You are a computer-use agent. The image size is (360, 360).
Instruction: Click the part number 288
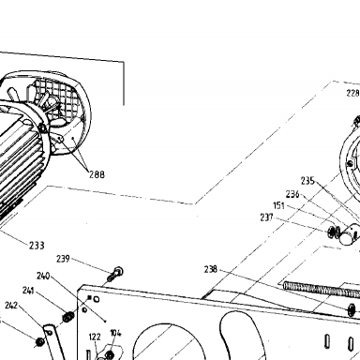tap(97, 174)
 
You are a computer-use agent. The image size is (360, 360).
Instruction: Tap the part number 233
tap(37, 246)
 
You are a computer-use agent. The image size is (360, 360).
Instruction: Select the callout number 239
tap(63, 259)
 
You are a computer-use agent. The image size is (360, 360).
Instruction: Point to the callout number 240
tap(43, 276)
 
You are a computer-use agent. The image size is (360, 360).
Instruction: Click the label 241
tap(28, 291)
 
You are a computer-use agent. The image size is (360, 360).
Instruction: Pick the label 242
tap(11, 305)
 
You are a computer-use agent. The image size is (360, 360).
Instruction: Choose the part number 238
tap(211, 269)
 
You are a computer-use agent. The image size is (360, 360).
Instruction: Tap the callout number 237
tap(266, 217)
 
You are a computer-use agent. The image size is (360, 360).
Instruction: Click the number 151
tap(278, 205)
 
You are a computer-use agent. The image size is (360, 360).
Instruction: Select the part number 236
tap(292, 194)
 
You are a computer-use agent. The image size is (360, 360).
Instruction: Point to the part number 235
tap(307, 181)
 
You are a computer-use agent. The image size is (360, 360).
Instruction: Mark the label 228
tap(352, 93)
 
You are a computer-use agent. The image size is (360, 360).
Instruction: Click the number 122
tap(95, 337)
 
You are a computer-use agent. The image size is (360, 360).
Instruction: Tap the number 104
tap(115, 333)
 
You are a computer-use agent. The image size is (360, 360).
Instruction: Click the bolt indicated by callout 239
tap(115, 274)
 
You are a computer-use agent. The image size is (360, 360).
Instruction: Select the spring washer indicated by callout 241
tap(67, 318)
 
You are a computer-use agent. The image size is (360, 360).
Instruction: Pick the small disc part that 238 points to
tap(352, 309)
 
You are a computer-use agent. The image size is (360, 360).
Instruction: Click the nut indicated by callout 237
tap(331, 232)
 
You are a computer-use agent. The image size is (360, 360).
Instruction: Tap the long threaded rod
tap(322, 290)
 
